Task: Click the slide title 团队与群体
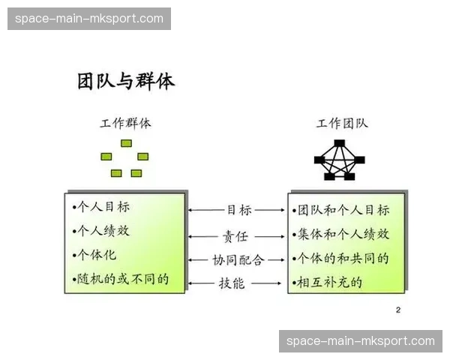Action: (x=126, y=82)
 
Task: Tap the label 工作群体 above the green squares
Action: (x=125, y=123)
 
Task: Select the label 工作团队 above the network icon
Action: (x=342, y=123)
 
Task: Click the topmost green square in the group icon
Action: (x=126, y=143)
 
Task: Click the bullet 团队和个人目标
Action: (x=343, y=210)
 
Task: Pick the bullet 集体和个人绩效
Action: (x=343, y=234)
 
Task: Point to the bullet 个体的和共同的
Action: (x=343, y=259)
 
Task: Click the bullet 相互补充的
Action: (x=330, y=283)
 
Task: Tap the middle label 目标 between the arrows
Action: (x=238, y=210)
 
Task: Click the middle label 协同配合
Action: (x=238, y=260)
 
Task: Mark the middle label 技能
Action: (x=231, y=283)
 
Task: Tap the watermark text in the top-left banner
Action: (x=89, y=19)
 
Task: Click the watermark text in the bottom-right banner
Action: (x=361, y=341)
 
